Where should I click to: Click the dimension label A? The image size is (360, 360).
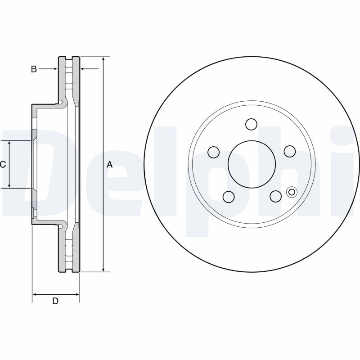pos(109,165)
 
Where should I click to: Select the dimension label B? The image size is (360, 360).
pos(34,69)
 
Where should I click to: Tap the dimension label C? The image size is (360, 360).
pos(3,165)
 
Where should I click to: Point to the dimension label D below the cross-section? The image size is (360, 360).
pos(55,301)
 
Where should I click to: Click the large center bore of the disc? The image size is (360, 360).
pos(251,165)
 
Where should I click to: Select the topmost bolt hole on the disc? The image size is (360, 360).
pos(251,124)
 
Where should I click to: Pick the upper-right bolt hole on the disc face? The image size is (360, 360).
pos(289,151)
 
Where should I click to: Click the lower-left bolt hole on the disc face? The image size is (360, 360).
pos(229,197)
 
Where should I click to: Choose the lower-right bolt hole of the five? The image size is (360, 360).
pos(275,196)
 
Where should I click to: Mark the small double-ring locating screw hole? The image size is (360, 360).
pos(291,192)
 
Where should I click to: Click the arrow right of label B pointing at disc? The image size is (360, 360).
pos(54,69)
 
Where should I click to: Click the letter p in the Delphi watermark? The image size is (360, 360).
pos(225,180)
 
